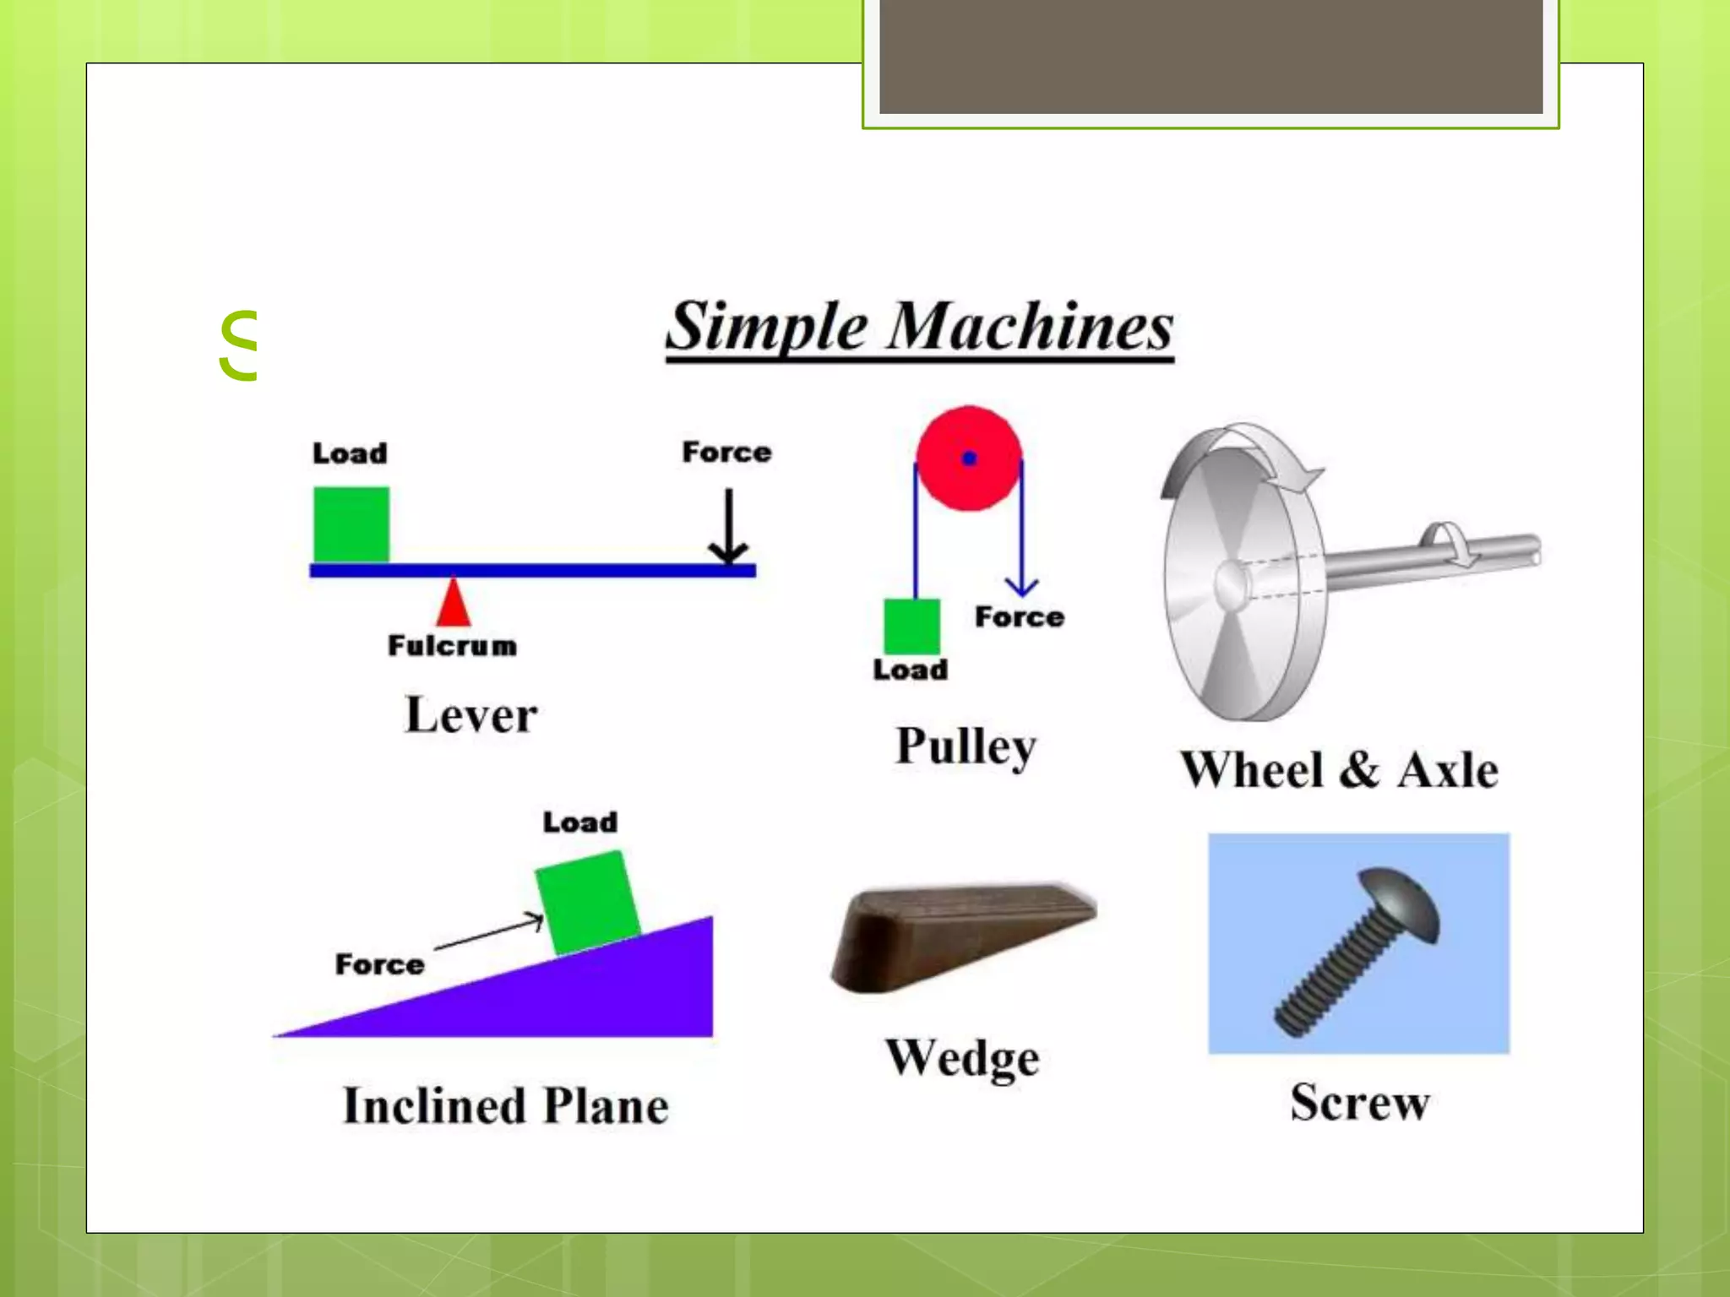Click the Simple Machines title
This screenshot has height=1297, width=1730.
(919, 328)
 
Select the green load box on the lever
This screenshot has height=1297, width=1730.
(351, 524)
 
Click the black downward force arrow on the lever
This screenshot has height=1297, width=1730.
(728, 527)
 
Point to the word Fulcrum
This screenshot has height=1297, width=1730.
(452, 646)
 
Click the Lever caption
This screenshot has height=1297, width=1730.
(471, 715)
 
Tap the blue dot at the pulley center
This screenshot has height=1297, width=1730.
(969, 459)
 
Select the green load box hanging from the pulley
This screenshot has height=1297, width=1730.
(911, 627)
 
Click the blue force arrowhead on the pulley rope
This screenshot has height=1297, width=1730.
(1021, 586)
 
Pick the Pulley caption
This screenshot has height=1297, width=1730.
(966, 746)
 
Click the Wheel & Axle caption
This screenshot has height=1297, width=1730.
(1339, 770)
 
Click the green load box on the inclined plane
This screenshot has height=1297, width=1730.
(587, 902)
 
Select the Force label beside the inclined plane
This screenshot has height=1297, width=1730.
(379, 964)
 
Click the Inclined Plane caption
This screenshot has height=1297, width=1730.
(505, 1106)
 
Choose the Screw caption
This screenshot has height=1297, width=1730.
(1359, 1103)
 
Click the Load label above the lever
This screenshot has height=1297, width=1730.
(350, 453)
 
